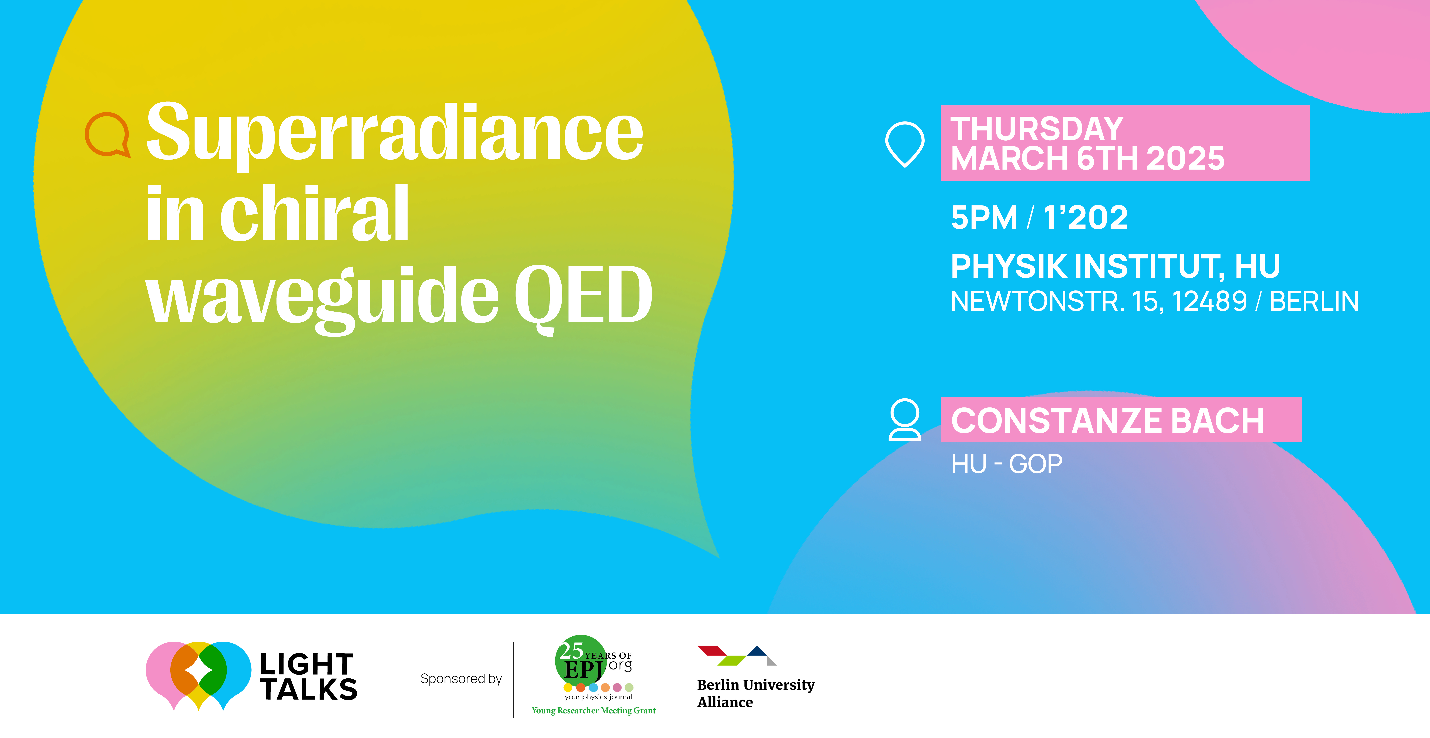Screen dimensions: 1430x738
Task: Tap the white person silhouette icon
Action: (905, 420)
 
